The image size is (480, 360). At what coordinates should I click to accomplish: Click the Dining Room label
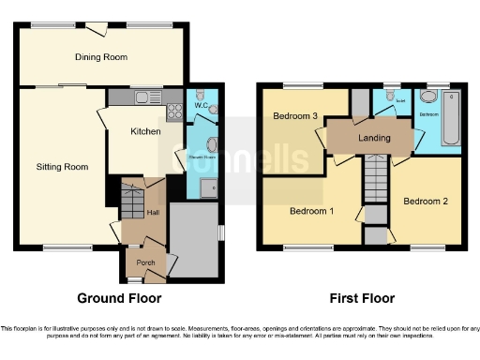click(x=101, y=57)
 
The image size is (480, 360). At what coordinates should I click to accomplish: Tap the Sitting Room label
click(x=62, y=167)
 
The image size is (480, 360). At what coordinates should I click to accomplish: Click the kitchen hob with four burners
click(x=173, y=112)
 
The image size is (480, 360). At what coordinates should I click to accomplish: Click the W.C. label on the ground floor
click(x=200, y=105)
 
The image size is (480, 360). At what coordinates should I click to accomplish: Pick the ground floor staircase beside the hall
click(x=130, y=202)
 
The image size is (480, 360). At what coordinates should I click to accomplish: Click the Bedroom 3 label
click(x=293, y=116)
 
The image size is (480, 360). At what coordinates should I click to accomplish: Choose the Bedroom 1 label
click(x=311, y=211)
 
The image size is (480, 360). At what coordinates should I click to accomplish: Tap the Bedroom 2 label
click(x=425, y=202)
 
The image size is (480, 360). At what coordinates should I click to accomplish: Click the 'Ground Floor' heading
click(x=119, y=298)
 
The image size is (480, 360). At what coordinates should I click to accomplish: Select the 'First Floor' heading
click(x=362, y=298)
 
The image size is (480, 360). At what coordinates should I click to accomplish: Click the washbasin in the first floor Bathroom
click(x=428, y=97)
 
